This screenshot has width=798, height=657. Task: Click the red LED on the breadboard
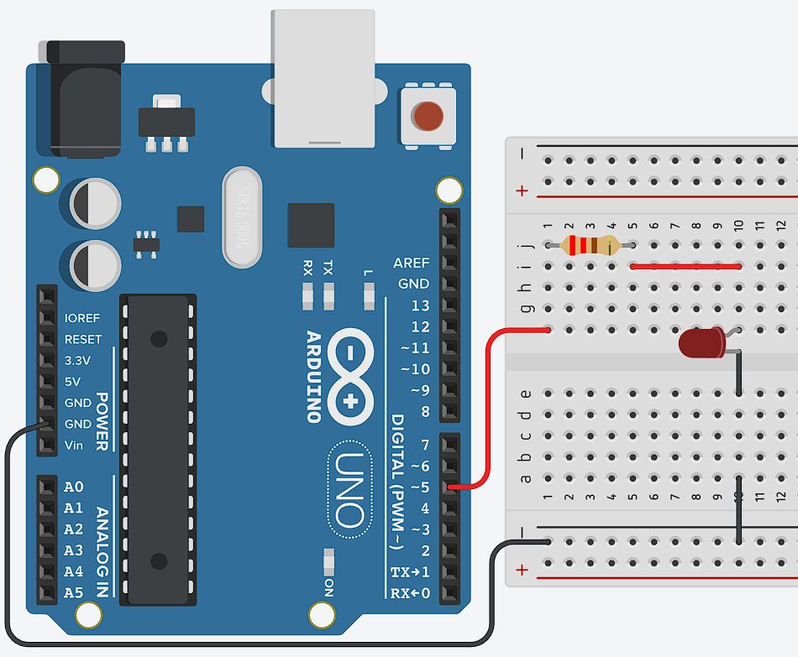pyautogui.click(x=702, y=343)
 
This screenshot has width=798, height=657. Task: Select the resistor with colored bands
pyautogui.click(x=589, y=246)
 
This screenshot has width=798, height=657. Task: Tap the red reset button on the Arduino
pyautogui.click(x=428, y=115)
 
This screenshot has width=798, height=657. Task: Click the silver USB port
pyautogui.click(x=323, y=80)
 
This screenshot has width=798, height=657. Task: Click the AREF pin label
pyautogui.click(x=411, y=263)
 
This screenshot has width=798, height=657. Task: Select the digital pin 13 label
pyautogui.click(x=420, y=305)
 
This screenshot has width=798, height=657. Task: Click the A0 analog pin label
pyautogui.click(x=74, y=487)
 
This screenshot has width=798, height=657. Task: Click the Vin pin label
pyautogui.click(x=74, y=445)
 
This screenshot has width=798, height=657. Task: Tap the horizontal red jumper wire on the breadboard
pyautogui.click(x=685, y=267)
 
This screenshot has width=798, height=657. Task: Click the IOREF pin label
pyautogui.click(x=82, y=319)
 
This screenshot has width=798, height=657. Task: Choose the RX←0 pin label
pyautogui.click(x=411, y=593)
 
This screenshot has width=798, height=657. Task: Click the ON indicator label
pyautogui.click(x=328, y=587)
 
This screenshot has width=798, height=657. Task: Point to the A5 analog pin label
pyautogui.click(x=74, y=592)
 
